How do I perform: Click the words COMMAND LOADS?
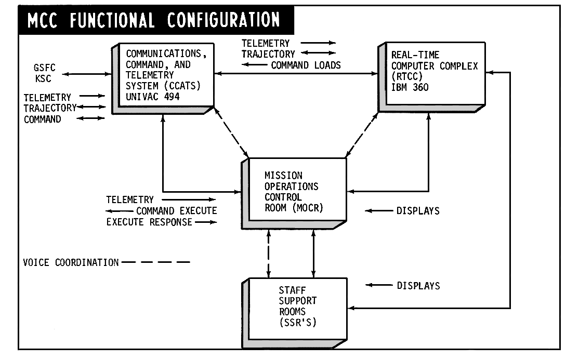pyautogui.click(x=306, y=65)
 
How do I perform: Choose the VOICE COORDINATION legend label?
pyautogui.click(x=71, y=262)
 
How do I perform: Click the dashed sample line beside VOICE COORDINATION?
pyautogui.click(x=156, y=262)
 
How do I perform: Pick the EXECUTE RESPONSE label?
pyautogui.click(x=150, y=222)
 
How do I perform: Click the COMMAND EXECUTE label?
pyautogui.click(x=177, y=211)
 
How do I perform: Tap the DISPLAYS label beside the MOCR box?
pyautogui.click(x=418, y=211)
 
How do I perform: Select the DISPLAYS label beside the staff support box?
pyautogui.click(x=418, y=285)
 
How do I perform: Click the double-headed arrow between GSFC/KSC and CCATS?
pyautogui.click(x=86, y=74)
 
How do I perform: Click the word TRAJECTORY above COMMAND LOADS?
pyautogui.click(x=268, y=54)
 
